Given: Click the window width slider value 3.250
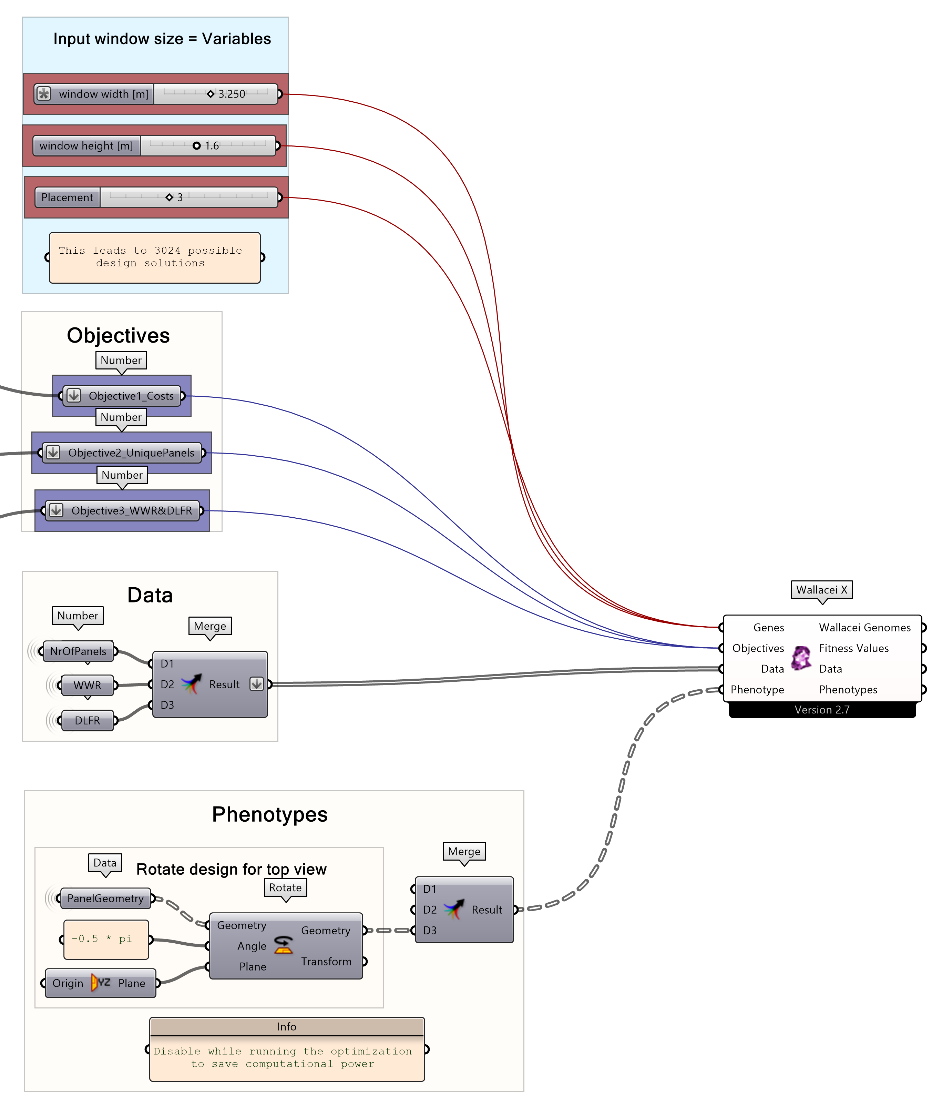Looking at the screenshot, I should point(232,94).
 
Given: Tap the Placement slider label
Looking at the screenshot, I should point(67,197).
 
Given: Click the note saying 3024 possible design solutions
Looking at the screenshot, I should point(154,257).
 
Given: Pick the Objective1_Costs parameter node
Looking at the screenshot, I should point(130,396).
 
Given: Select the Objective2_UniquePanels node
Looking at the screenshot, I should point(131,453).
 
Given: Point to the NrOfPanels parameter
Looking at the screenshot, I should point(78,651).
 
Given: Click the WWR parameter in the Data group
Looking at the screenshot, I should point(87,685).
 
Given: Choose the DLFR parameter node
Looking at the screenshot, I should point(87,720).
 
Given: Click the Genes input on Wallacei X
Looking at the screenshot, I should point(768,627).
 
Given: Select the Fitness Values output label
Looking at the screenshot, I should point(854,648).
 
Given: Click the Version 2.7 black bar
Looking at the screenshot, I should point(822,710).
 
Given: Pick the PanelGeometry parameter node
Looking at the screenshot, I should point(105,898).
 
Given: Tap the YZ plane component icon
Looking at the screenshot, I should point(101,983).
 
